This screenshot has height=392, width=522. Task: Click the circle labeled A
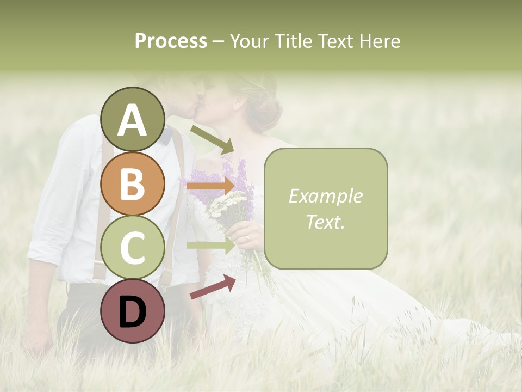click(132, 120)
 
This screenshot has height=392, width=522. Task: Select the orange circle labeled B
click(132, 184)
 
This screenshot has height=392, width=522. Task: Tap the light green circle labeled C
click(132, 248)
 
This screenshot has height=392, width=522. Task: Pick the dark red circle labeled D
click(132, 311)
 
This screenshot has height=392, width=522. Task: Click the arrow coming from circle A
click(212, 139)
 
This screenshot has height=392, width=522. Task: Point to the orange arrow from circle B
click(210, 186)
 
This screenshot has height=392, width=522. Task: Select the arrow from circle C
click(210, 245)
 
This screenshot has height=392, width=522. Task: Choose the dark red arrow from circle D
click(213, 287)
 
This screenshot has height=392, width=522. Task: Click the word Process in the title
click(171, 41)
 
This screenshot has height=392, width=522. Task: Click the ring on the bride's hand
click(247, 237)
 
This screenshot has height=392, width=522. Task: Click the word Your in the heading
click(248, 41)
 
